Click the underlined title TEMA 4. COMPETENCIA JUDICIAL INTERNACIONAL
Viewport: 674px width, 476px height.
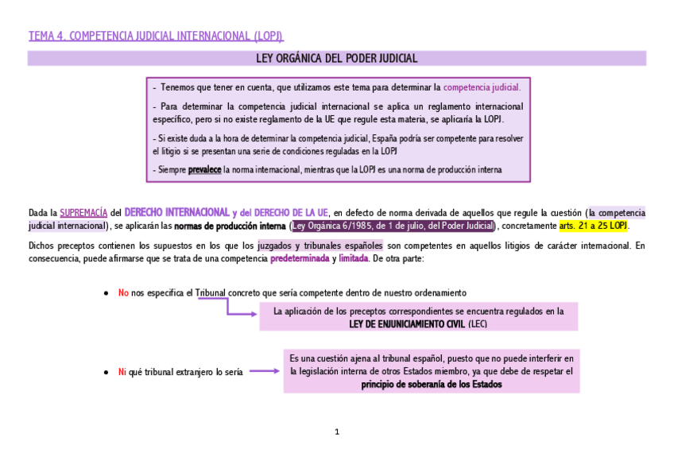coord(155,36)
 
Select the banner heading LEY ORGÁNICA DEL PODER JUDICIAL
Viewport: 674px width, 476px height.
coord(336,58)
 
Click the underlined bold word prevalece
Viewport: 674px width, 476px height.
coord(204,169)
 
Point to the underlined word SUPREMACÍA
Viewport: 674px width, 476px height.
coord(83,213)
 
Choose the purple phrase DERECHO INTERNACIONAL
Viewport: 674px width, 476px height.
coord(176,212)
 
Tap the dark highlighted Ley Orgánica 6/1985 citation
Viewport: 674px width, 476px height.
coord(393,226)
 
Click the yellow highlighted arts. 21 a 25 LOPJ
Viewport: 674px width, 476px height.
coord(593,226)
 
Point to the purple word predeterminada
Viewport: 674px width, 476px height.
coord(300,259)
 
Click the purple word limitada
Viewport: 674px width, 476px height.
coord(353,259)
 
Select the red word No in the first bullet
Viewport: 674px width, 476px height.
coord(123,293)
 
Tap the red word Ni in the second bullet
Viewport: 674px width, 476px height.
coord(122,372)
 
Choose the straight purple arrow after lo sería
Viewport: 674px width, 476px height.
coord(262,371)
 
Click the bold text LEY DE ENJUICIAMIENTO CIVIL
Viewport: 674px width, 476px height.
coord(406,324)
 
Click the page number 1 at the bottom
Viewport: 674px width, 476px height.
coord(337,432)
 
